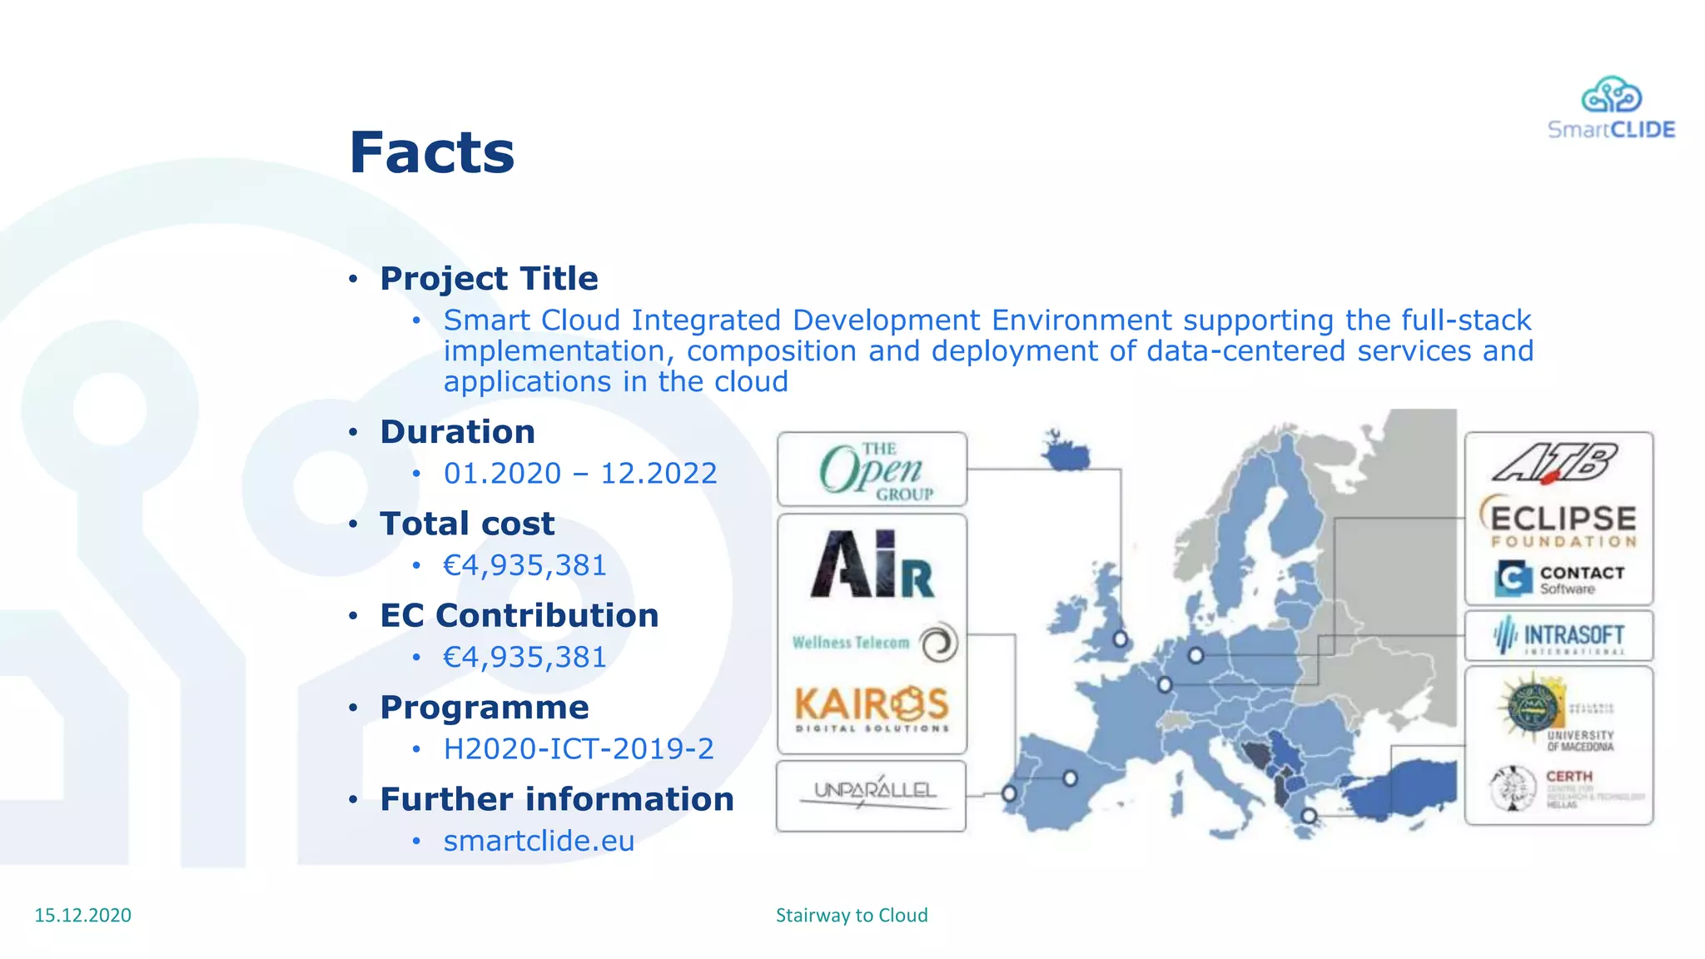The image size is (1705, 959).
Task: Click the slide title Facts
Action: coord(431,153)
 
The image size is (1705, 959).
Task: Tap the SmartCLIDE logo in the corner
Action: coord(1611,108)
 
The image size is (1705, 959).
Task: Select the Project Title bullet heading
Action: coord(489,278)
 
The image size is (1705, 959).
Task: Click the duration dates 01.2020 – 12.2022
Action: coord(579,474)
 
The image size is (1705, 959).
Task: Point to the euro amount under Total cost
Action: coord(524,565)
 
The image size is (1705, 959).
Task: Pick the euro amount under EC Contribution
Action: coord(524,657)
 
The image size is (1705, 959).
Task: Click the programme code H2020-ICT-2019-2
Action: coord(579,748)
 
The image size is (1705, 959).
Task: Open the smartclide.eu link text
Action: coord(539,841)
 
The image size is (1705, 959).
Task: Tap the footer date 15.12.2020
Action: coord(82,915)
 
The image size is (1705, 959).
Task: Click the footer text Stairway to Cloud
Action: coord(852,915)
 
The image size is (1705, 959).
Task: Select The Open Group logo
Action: coord(872,470)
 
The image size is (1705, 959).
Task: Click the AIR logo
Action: coord(872,565)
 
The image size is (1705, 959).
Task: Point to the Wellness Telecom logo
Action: coord(872,643)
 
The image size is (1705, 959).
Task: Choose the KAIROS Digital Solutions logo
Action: coord(872,708)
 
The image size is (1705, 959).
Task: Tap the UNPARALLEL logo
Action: coord(872,793)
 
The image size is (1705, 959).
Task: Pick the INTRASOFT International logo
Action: coord(1558,636)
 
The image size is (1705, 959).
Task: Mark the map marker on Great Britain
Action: coord(1121,639)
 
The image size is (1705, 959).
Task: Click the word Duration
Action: coord(457,432)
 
